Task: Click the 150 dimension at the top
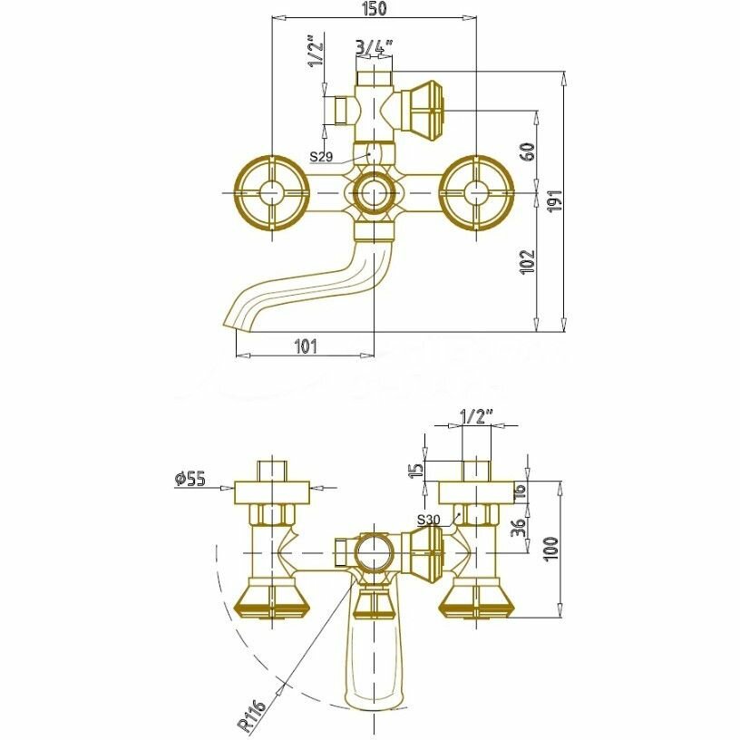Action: [375, 9]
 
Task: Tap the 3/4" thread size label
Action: [374, 45]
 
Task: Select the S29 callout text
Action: [322, 157]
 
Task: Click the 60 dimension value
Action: [530, 151]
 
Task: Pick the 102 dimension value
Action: [530, 261]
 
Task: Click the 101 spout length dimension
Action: [306, 345]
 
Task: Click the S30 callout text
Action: [429, 520]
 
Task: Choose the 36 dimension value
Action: [516, 527]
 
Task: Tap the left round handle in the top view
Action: [269, 193]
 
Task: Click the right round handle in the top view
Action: [474, 193]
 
